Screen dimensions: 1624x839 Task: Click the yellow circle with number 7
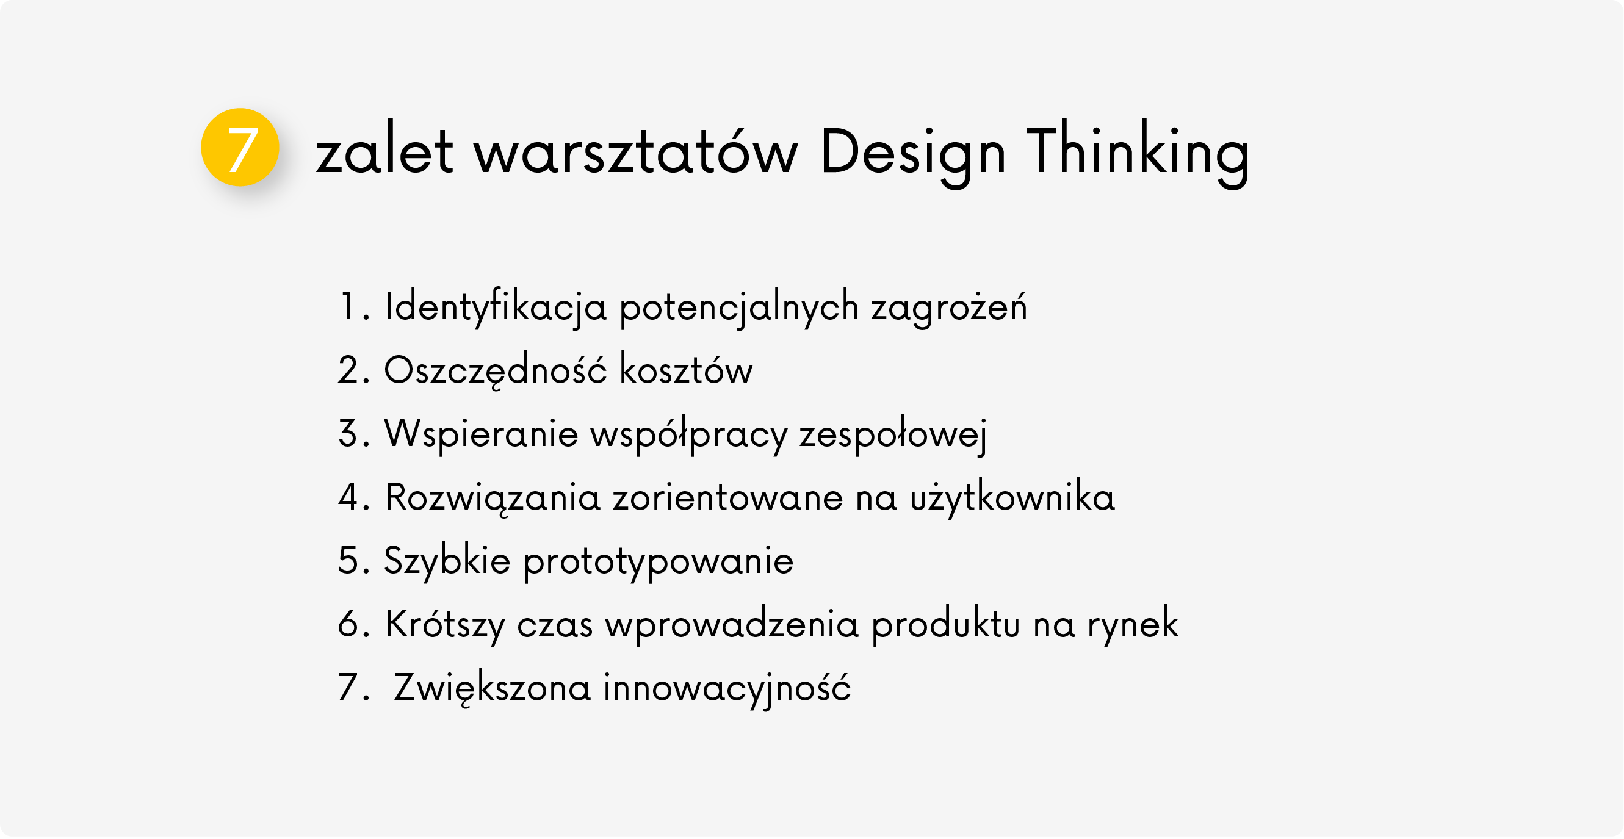tap(240, 148)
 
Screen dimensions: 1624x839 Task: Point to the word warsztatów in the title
tap(636, 152)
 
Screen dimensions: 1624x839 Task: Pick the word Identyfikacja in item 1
tap(496, 307)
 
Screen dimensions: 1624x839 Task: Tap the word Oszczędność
tap(496, 370)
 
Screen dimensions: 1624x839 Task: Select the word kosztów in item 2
tap(687, 368)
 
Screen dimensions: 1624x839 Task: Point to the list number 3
tap(348, 434)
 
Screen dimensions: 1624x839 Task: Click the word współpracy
tap(689, 435)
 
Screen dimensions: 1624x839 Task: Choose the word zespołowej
tap(893, 435)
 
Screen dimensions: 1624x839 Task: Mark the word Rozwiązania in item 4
tap(493, 497)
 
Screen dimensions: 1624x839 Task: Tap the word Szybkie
tap(447, 560)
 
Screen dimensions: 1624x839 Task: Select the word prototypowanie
tap(658, 562)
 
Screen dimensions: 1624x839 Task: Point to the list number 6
tap(348, 624)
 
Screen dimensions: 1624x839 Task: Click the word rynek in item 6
tap(1133, 625)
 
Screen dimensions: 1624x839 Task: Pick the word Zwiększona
tap(493, 688)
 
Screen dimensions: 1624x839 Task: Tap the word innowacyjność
tap(727, 688)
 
